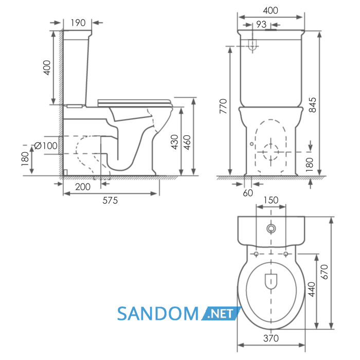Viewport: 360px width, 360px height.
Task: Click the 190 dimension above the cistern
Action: click(78, 23)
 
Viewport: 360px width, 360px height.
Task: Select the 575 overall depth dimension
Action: click(110, 201)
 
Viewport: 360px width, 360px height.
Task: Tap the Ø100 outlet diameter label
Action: click(46, 146)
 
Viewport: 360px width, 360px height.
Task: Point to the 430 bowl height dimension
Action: click(175, 142)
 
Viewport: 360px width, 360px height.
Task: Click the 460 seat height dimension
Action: click(187, 142)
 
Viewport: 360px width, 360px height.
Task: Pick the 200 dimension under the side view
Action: click(83, 187)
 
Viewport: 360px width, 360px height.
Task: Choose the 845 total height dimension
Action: click(313, 105)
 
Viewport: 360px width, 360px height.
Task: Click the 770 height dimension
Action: click(223, 106)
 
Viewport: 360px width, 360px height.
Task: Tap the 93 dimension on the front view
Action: click(261, 25)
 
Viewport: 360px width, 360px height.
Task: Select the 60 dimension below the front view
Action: click(248, 193)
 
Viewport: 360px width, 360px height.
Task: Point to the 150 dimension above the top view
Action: click(271, 200)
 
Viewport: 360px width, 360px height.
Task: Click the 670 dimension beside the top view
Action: click(324, 272)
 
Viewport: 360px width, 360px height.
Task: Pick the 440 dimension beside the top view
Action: click(312, 290)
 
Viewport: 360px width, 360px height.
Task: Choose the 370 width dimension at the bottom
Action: click(271, 338)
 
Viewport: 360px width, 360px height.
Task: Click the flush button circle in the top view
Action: click(271, 229)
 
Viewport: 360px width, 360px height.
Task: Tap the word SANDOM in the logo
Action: click(158, 314)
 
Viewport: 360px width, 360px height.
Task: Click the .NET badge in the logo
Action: click(221, 313)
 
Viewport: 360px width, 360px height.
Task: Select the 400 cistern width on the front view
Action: click(271, 11)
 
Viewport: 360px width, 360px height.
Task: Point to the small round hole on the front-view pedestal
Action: click(252, 144)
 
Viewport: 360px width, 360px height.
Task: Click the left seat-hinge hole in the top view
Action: click(256, 254)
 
